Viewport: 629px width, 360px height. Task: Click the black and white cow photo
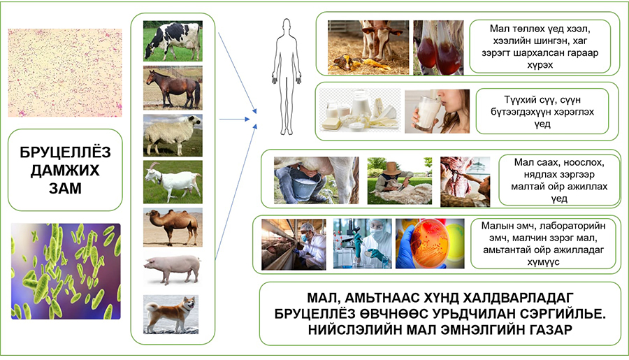coord(173,41)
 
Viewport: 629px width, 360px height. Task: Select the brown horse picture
coord(173,88)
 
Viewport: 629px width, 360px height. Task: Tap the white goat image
coord(173,182)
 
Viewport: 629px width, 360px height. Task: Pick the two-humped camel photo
coord(173,227)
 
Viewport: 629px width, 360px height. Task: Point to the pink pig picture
coord(173,270)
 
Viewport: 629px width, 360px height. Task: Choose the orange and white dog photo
coord(171,315)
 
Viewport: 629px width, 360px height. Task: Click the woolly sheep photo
coord(173,135)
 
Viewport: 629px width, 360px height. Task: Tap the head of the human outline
coord(286,26)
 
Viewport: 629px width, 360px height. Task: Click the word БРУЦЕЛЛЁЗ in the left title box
coord(65,152)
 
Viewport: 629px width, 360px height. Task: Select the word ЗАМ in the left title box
coord(65,188)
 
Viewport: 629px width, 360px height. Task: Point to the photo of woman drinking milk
coord(437,111)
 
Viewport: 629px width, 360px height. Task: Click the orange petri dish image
coord(430,244)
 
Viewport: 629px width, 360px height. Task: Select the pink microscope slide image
coord(65,73)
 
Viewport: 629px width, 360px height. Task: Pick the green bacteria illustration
coord(66,271)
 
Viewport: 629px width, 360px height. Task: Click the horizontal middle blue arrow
coord(234,119)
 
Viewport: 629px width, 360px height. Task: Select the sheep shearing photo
coord(400,180)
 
